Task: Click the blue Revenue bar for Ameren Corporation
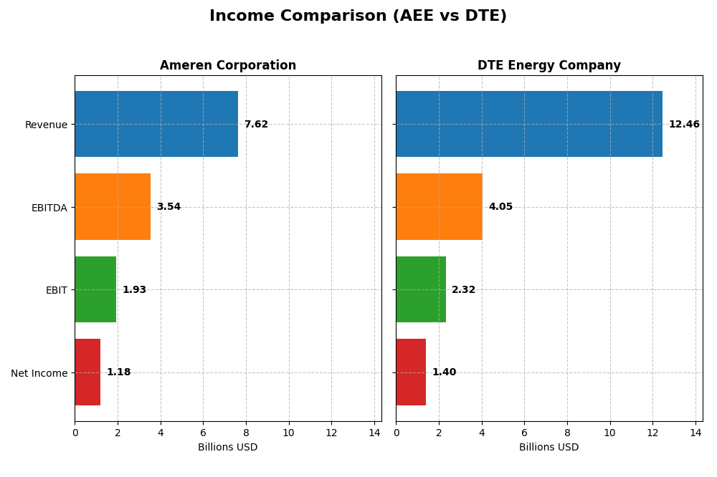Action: pyautogui.click(x=156, y=124)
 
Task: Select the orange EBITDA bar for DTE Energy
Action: pyautogui.click(x=439, y=206)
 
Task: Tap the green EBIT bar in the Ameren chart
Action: pyautogui.click(x=95, y=289)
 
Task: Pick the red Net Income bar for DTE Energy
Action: pyautogui.click(x=411, y=372)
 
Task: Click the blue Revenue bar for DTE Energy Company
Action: pyautogui.click(x=529, y=124)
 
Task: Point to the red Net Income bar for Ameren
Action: pyautogui.click(x=87, y=372)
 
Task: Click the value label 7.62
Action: pyautogui.click(x=256, y=125)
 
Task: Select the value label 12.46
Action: pyautogui.click(x=684, y=125)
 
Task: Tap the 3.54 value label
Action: pyautogui.click(x=168, y=207)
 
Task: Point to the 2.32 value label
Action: pyautogui.click(x=463, y=290)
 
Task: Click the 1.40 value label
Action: pyautogui.click(x=444, y=372)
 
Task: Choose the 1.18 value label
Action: pyautogui.click(x=118, y=372)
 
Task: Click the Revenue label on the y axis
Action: pyautogui.click(x=46, y=125)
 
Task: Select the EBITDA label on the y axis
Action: pyautogui.click(x=49, y=208)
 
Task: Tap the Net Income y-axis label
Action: pyautogui.click(x=39, y=373)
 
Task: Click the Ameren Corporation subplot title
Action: pyautogui.click(x=228, y=66)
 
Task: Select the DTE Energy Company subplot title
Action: pyautogui.click(x=549, y=66)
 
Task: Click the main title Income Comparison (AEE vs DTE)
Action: pyautogui.click(x=358, y=16)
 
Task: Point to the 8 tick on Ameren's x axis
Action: pyautogui.click(x=246, y=433)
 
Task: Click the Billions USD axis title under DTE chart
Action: pyautogui.click(x=549, y=448)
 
